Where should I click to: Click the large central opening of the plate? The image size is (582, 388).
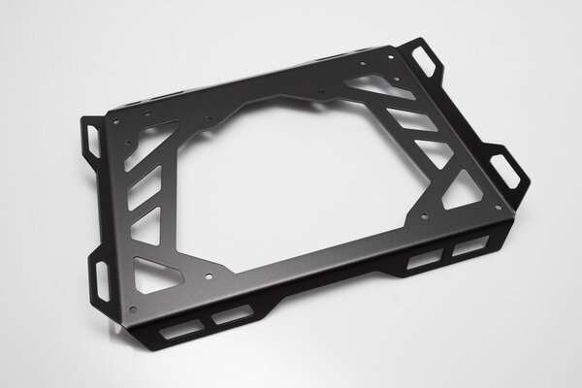tap(291, 184)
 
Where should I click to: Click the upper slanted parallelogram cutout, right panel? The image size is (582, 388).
tap(407, 121)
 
